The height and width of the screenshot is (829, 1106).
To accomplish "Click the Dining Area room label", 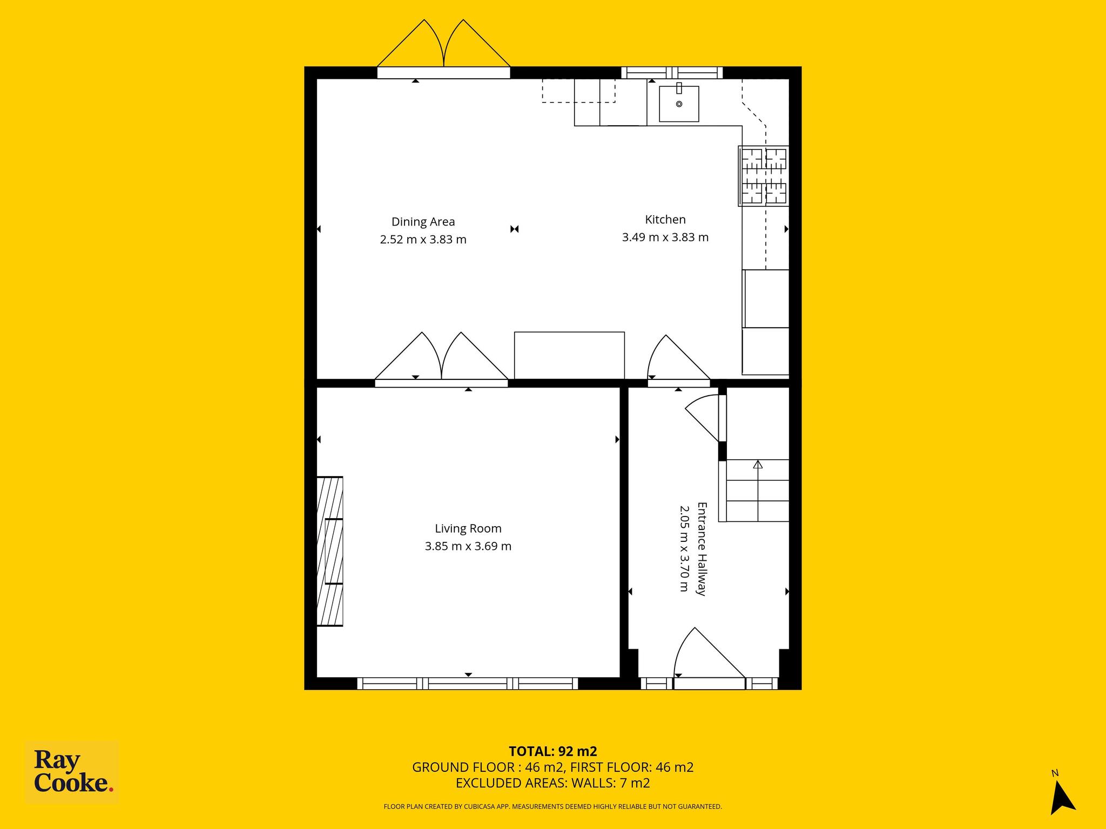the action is tap(423, 222).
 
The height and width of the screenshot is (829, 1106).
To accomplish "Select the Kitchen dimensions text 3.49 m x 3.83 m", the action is tap(665, 237).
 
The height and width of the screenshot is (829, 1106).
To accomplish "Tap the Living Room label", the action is tap(468, 529).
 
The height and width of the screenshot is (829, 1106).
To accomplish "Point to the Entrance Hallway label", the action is tap(702, 549).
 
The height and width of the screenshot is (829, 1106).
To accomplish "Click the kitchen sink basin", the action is tap(679, 104).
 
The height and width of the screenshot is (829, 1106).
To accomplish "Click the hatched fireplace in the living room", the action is tap(329, 551).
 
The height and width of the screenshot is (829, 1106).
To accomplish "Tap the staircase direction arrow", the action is tap(758, 464).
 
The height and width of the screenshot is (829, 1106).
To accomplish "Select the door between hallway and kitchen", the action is tap(678, 359).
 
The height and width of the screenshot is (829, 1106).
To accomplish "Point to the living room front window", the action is tap(468, 684).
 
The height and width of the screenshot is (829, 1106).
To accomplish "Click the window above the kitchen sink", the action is tap(672, 72).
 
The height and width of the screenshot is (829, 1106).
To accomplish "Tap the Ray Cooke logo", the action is tap(72, 773).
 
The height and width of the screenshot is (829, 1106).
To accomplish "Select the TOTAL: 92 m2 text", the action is tap(553, 751).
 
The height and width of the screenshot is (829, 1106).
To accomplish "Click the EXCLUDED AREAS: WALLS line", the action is tap(553, 783).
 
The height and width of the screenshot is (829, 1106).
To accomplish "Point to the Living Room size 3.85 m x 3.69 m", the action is tap(468, 546).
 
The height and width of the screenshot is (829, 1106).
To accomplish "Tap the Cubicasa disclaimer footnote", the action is tap(553, 807).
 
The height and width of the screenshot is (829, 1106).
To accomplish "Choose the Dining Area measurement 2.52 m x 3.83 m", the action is tap(423, 240).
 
